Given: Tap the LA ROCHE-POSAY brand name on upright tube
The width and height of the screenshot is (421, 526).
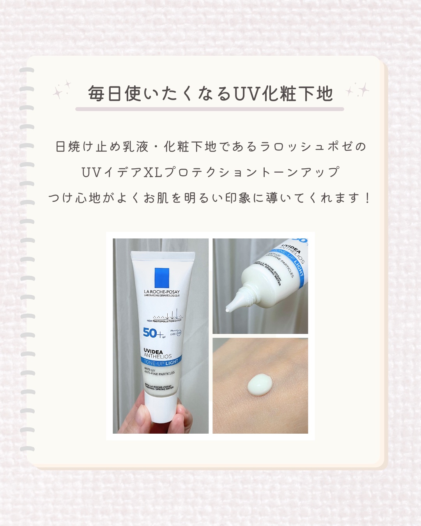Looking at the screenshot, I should pyautogui.click(x=162, y=291).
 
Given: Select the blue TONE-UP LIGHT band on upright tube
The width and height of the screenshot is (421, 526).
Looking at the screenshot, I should pyautogui.click(x=161, y=362).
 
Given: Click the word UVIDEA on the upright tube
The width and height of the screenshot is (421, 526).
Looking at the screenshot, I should pyautogui.click(x=153, y=351).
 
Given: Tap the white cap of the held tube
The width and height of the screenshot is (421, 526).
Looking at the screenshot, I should pyautogui.click(x=160, y=409).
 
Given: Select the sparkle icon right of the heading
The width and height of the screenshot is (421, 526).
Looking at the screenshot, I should pyautogui.click(x=358, y=90).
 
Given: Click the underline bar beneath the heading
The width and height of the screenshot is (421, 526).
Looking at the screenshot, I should pyautogui.click(x=210, y=109).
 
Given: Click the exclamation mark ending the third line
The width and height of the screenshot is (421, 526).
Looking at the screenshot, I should pyautogui.click(x=367, y=198).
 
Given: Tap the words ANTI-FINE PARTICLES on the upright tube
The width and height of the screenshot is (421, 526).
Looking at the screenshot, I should pyautogui.click(x=159, y=373).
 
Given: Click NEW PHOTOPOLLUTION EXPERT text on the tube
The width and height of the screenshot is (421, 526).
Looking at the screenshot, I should pyautogui.click(x=164, y=321).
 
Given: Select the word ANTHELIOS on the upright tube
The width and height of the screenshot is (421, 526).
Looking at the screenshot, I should pyautogui.click(x=158, y=356).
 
